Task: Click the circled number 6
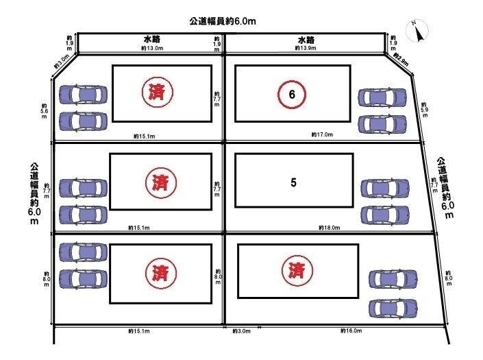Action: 292,95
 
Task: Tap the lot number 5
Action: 293,183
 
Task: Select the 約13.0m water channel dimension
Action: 151,49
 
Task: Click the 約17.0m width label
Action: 321,134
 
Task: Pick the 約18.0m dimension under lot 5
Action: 330,227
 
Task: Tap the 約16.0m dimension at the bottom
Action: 351,331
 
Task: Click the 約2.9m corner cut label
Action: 401,62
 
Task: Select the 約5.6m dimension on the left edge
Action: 45,112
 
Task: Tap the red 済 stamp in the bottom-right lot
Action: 297,270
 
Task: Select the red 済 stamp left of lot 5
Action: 161,182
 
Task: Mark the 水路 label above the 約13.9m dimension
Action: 306,40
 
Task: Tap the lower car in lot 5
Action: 384,215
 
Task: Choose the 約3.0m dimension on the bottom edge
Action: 242,331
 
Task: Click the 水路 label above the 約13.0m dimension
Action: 151,40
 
